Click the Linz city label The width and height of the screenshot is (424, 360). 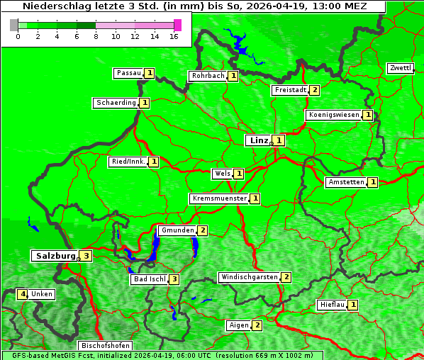click(259, 140)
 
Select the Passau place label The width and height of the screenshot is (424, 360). click(129, 73)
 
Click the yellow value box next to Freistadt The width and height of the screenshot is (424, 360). click(314, 90)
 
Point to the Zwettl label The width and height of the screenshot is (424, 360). click(400, 68)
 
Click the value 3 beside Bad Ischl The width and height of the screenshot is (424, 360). click(174, 279)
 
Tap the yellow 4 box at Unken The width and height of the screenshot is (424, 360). click(23, 294)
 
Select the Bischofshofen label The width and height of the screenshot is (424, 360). click(105, 346)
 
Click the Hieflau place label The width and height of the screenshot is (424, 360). click(333, 305)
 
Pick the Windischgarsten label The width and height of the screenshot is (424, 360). click(249, 277)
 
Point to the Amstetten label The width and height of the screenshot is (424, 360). click(345, 183)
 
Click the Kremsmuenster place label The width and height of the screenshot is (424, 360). click(219, 198)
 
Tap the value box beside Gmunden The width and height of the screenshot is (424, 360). click(202, 230)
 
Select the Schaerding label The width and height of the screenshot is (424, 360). click(116, 103)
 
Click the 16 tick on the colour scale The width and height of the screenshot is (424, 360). click(174, 36)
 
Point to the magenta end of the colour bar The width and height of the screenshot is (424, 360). click(177, 25)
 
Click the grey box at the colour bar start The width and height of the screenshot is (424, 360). click(14, 25)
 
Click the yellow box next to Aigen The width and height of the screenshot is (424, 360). click(257, 325)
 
